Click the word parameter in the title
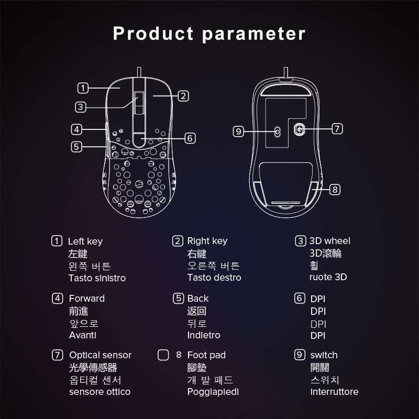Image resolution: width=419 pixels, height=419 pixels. (253, 34)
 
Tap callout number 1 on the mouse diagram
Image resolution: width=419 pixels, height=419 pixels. (83, 88)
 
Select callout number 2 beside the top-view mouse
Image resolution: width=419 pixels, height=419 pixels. (183, 96)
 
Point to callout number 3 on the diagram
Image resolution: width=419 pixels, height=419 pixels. (80, 107)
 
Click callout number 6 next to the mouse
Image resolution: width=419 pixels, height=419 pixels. (190, 138)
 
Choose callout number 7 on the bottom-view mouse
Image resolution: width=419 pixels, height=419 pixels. (337, 128)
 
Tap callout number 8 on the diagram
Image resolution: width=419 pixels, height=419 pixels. (335, 189)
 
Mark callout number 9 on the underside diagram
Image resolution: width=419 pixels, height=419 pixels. (238, 131)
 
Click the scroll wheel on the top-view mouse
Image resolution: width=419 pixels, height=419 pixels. (138, 103)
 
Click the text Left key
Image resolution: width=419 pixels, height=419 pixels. (85, 241)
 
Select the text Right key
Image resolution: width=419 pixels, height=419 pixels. (207, 241)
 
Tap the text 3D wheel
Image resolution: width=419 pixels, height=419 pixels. (329, 241)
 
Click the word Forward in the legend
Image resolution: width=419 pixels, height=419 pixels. (87, 299)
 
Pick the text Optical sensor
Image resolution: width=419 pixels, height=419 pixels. (100, 355)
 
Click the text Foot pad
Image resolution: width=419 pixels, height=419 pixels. (206, 355)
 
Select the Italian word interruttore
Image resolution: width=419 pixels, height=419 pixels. (334, 392)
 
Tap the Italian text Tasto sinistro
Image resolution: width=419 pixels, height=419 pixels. (97, 278)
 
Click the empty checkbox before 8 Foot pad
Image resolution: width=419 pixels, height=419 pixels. (163, 355)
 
